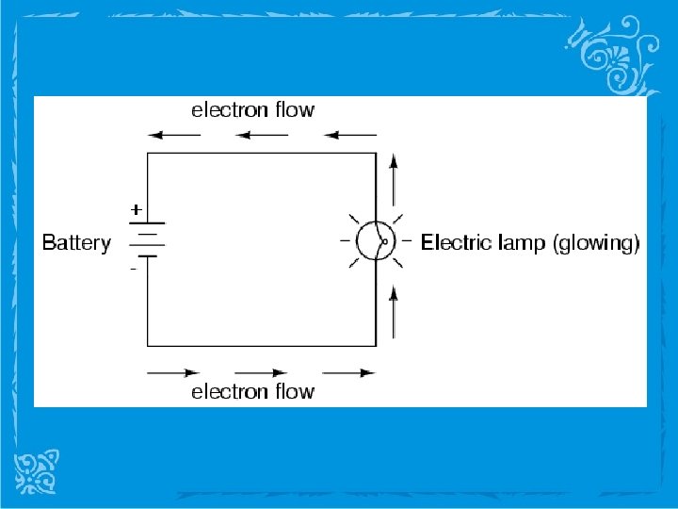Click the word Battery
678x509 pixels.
76,243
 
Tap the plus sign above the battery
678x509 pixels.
137,208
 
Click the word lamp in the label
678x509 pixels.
519,243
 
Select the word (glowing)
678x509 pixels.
596,244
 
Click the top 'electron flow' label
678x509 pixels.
253,110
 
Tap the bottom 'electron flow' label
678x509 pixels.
253,391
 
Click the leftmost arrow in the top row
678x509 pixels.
175,135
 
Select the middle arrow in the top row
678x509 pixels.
263,135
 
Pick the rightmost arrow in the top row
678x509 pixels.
349,135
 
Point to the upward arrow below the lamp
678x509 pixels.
394,311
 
